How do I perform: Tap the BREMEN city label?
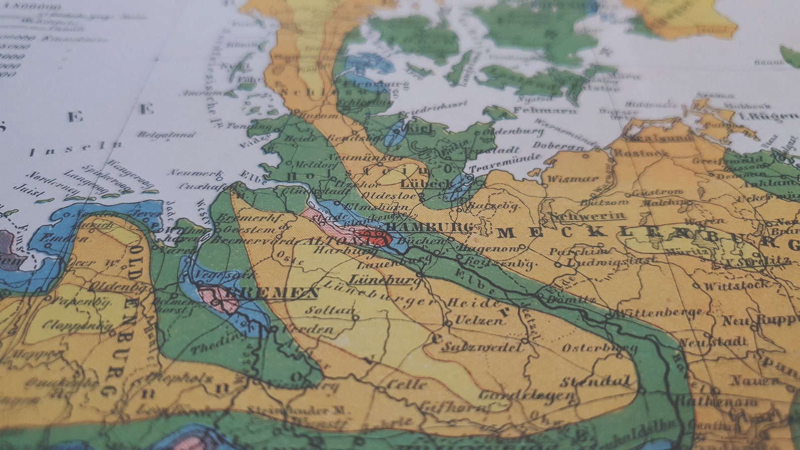pyautogui.click(x=273, y=293)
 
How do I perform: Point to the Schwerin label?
pyautogui.click(x=587, y=216)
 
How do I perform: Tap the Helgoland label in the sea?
pyautogui.click(x=166, y=135)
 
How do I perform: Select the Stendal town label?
pyautogui.click(x=595, y=381)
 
